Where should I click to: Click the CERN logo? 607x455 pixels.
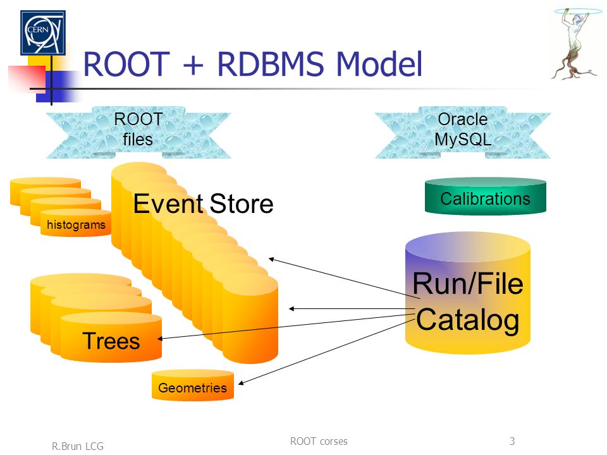[43, 32]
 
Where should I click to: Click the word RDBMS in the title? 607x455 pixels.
[270, 64]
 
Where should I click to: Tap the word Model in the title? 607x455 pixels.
[379, 64]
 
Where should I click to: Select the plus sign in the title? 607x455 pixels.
[193, 65]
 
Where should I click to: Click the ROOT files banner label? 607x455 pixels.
[138, 129]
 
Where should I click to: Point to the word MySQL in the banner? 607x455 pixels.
[463, 140]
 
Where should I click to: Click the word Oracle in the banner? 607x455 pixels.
[463, 119]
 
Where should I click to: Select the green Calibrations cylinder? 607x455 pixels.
[486, 196]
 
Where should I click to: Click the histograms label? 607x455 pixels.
[76, 225]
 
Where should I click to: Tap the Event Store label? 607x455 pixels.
[203, 203]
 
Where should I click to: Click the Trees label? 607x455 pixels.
[111, 341]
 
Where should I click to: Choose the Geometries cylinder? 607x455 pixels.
[193, 385]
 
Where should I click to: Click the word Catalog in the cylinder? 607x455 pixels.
[468, 320]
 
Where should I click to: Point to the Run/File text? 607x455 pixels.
[468, 284]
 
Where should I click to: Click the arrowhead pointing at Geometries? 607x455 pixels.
[241, 383]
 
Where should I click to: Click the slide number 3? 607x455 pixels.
[512, 441]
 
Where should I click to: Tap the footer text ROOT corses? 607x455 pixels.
[319, 441]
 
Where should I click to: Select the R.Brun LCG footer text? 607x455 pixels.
[77, 446]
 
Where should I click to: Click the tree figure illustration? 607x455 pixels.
[575, 44]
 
